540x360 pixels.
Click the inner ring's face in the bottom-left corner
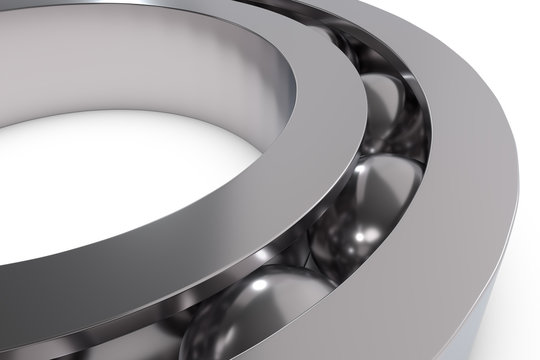click(x=40, y=320)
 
